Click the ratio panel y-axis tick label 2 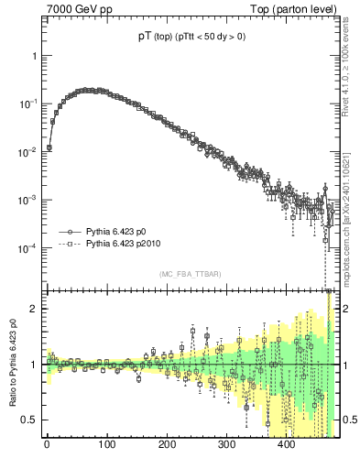point(36,309)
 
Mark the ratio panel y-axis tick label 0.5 point(31,420)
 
